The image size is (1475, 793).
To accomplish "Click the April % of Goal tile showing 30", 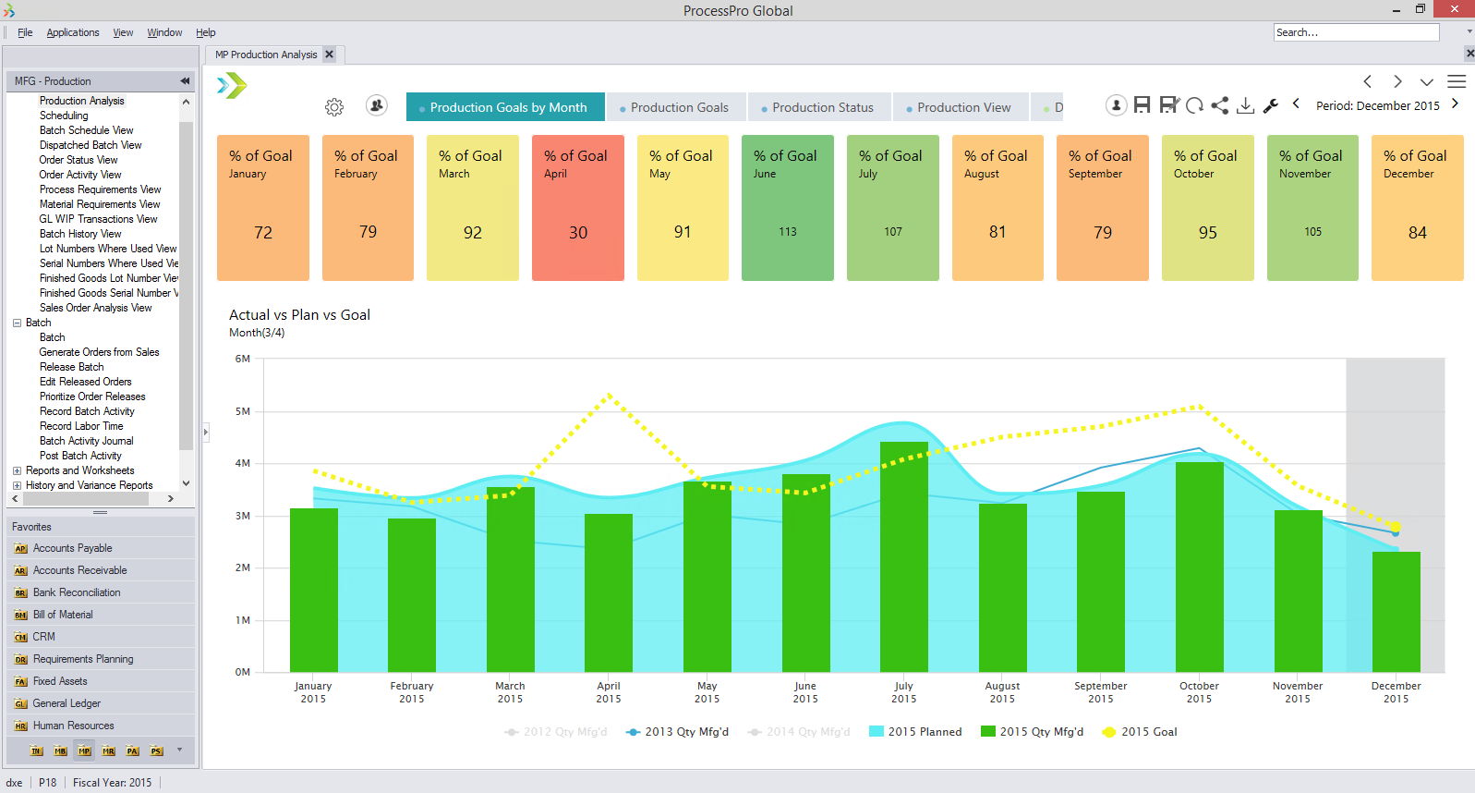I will (577, 208).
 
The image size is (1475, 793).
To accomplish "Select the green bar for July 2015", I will (903, 555).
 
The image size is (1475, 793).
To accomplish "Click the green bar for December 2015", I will (1396, 610).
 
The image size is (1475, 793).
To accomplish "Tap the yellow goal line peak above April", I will (609, 396).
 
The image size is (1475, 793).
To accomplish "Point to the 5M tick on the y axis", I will (243, 411).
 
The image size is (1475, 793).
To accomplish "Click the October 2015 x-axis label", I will (1199, 692).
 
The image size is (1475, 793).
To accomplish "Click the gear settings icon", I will (334, 107).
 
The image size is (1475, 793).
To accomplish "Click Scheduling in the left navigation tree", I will (64, 116).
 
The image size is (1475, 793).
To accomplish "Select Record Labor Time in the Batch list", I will (81, 426).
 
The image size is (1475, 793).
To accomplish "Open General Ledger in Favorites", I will (66, 703).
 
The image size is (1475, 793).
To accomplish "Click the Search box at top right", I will (1354, 32).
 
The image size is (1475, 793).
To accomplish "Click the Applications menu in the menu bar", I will (73, 32).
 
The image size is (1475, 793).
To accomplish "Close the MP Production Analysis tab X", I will (330, 55).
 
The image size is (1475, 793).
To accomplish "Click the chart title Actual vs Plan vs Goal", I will (299, 315).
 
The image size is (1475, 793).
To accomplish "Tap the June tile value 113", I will (787, 232).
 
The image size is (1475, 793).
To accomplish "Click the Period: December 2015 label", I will (1377, 106).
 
